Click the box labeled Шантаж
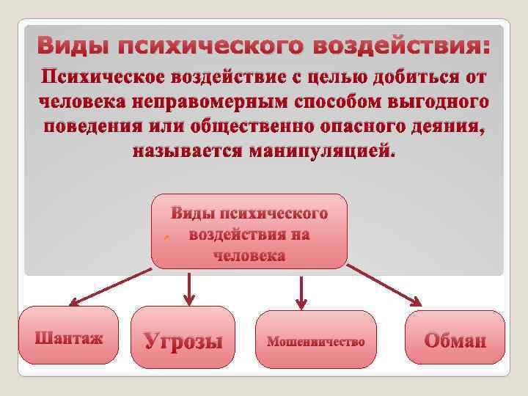68,336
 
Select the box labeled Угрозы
183,337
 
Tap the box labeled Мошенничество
315,340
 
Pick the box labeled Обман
455,338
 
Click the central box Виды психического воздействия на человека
249,232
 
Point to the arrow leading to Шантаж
110,286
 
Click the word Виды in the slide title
72,47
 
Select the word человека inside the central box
249,256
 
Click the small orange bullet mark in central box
166,239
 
